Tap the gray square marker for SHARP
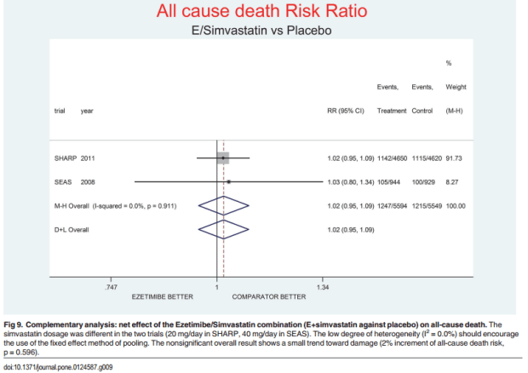[222, 158]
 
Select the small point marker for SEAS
[228, 181]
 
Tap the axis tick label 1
[216, 287]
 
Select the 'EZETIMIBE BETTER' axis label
[162, 296]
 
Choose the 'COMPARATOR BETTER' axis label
[270, 296]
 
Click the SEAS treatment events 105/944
[393, 181]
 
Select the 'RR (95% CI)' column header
[346, 111]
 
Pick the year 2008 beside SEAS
[89, 181]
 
